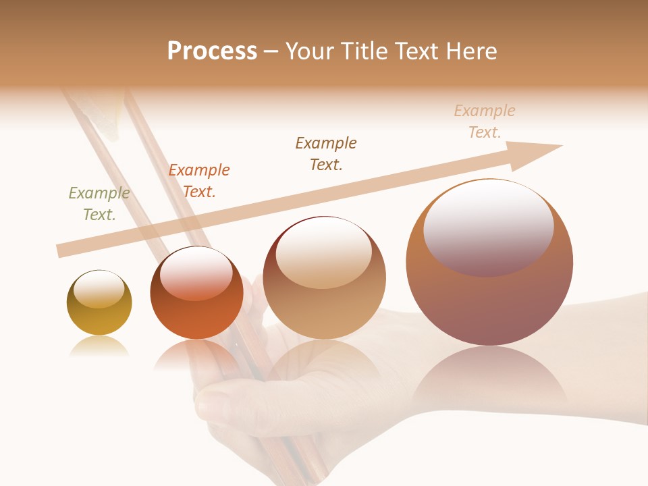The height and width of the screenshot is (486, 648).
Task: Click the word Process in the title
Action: tap(212, 51)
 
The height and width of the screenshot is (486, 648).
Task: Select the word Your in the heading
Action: tap(310, 51)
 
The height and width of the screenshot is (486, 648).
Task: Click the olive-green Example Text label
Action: tap(99, 204)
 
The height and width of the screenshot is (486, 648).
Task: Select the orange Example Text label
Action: tap(199, 181)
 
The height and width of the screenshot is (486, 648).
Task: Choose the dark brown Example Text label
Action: tap(326, 154)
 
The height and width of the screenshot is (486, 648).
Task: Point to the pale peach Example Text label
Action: tap(485, 122)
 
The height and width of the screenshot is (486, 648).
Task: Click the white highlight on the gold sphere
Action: tap(99, 289)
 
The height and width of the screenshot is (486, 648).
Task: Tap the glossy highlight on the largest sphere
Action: tap(489, 226)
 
